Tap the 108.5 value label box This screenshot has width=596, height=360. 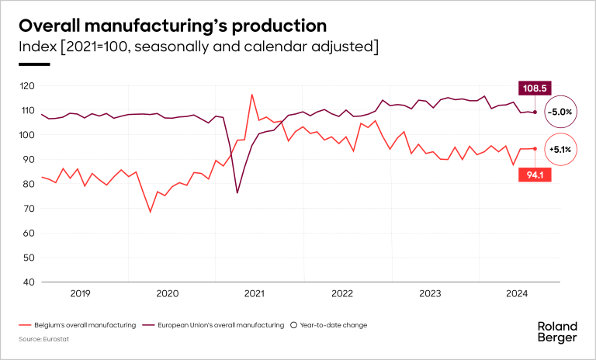pyautogui.click(x=535, y=88)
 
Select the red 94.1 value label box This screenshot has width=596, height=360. pyautogui.click(x=535, y=175)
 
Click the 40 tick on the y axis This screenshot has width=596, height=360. pyautogui.click(x=29, y=282)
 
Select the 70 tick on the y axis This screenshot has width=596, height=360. pyautogui.click(x=29, y=209)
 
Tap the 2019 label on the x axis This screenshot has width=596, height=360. pyautogui.click(x=81, y=293)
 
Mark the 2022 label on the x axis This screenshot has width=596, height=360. pyautogui.click(x=342, y=293)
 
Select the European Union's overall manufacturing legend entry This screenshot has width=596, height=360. pyautogui.click(x=218, y=325)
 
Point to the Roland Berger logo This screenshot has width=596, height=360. pyautogui.click(x=557, y=331)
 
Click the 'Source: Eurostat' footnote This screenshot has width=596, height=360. pyautogui.click(x=40, y=339)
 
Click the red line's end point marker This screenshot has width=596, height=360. pyautogui.click(x=535, y=148)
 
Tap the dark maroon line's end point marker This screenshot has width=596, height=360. pyautogui.click(x=535, y=112)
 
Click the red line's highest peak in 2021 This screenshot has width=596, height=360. pyautogui.click(x=251, y=95)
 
